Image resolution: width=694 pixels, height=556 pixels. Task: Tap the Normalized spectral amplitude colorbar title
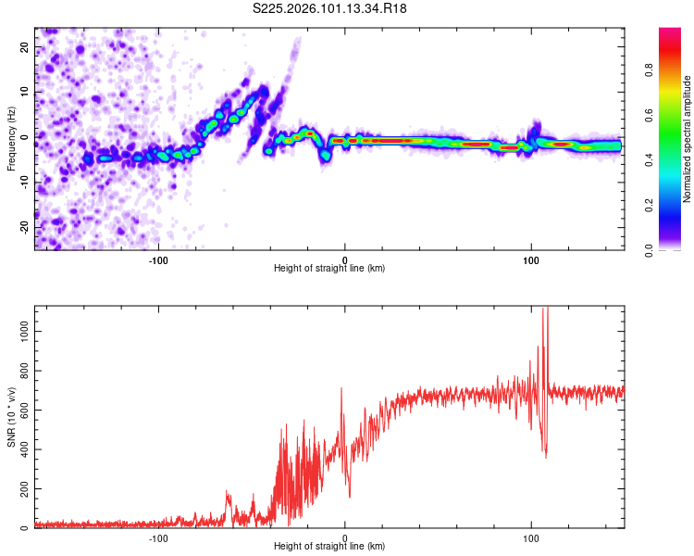[688, 139]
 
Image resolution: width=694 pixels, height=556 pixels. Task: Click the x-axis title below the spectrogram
[329, 269]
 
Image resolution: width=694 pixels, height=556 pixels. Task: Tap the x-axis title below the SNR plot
[329, 547]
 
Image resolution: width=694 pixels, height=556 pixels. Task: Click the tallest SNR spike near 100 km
[545, 310]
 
